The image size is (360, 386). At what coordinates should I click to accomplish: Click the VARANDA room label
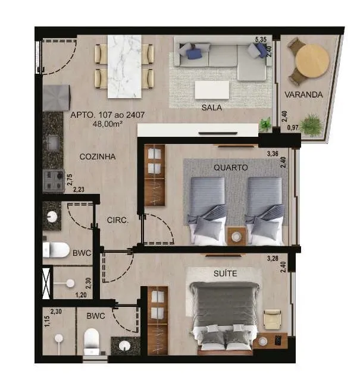(303, 95)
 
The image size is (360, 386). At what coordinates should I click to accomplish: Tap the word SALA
(211, 107)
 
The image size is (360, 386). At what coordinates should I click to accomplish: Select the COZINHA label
(98, 156)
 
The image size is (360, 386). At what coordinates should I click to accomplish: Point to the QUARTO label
(230, 168)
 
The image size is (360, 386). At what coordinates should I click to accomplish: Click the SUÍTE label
(226, 273)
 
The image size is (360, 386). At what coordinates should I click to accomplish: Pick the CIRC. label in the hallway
(118, 220)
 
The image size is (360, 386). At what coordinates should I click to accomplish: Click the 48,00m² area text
(108, 124)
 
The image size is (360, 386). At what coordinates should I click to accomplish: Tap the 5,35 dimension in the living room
(261, 39)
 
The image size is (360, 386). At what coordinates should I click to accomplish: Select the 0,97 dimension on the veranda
(293, 127)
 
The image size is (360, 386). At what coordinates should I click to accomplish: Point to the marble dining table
(124, 67)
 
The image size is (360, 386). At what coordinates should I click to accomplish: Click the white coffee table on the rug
(212, 90)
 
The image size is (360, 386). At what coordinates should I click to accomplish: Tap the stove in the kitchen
(54, 181)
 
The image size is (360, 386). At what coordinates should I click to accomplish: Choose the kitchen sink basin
(53, 143)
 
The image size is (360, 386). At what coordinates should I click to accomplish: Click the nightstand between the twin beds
(237, 236)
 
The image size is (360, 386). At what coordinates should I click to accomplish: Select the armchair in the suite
(272, 319)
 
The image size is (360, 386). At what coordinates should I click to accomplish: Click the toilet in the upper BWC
(56, 250)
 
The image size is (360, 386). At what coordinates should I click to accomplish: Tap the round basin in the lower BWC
(124, 346)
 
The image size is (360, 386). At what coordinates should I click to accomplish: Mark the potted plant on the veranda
(311, 125)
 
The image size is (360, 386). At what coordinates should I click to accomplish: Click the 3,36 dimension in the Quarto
(273, 154)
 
